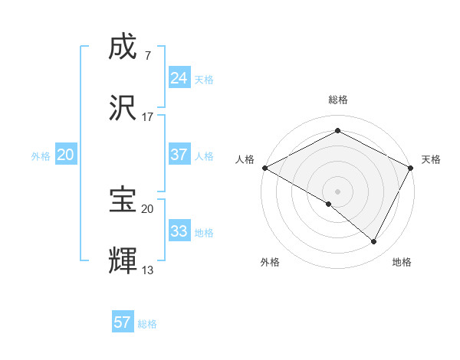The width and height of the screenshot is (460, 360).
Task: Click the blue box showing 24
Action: coord(179,78)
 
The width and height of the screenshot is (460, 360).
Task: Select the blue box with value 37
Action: coord(179,155)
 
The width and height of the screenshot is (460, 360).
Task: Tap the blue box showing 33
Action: coord(179,231)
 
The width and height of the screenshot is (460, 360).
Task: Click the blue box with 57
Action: coord(123,322)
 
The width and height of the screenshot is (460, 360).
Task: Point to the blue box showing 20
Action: coord(65,155)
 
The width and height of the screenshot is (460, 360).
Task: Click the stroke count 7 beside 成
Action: coord(147,55)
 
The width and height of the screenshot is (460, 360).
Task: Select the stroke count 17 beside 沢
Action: coord(148,116)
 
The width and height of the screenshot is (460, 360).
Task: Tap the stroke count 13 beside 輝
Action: coord(148,270)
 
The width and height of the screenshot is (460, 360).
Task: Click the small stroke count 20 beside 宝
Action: coord(148,208)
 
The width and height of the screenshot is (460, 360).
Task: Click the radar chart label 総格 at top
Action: coord(337,100)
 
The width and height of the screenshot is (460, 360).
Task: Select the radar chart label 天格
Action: coord(431,159)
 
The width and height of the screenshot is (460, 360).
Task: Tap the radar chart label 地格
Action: coord(402,262)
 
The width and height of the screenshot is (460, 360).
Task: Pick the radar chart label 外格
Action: coord(270,262)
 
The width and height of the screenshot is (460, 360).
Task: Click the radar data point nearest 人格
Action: coord(264,168)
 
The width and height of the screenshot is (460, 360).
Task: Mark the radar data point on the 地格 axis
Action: coord(374,242)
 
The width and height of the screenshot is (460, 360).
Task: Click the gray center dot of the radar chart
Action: coord(337,191)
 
